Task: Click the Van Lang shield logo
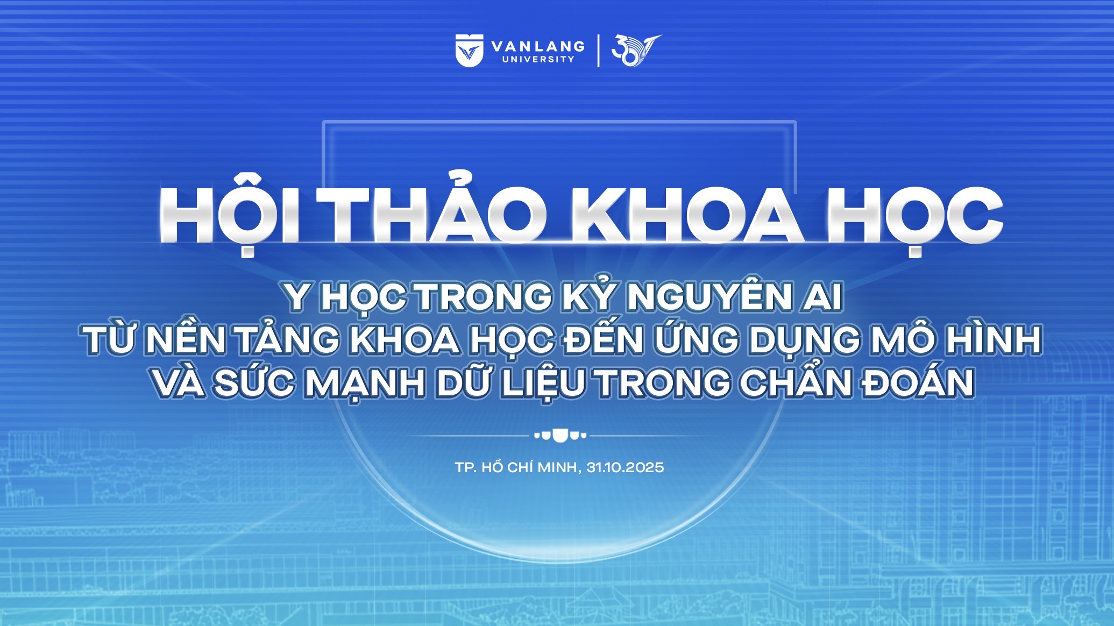pyautogui.click(x=470, y=51)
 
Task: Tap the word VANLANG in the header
pyautogui.click(x=538, y=46)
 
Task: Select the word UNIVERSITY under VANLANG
pyautogui.click(x=538, y=59)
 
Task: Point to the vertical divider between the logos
pyautogui.click(x=599, y=51)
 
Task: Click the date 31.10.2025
pyautogui.click(x=625, y=467)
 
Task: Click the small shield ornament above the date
pyautogui.click(x=559, y=435)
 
